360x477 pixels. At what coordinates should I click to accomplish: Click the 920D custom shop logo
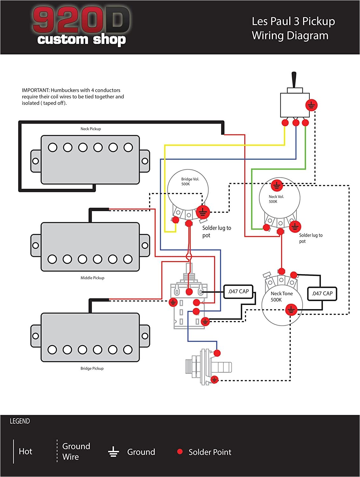81,26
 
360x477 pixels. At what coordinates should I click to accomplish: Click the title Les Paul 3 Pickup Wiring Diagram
293,28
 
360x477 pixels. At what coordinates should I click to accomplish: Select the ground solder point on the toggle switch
311,105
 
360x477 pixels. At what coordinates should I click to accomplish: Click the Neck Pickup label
91,129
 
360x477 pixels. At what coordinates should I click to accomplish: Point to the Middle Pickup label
92,278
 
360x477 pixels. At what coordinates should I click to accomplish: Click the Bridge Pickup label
92,369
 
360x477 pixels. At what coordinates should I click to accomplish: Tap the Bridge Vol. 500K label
190,182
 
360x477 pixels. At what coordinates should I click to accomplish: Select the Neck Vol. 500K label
276,199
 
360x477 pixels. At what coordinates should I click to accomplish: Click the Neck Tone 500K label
281,296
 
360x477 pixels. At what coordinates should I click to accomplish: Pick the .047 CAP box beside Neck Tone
322,294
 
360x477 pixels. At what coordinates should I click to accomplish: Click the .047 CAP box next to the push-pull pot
238,292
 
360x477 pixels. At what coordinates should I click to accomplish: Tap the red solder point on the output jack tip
217,353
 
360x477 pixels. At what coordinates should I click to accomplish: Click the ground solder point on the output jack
214,380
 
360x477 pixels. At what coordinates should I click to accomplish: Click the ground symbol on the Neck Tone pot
291,309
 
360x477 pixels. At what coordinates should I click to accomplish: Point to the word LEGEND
20,421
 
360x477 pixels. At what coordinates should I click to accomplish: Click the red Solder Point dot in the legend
180,452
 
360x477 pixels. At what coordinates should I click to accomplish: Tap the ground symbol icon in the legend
113,452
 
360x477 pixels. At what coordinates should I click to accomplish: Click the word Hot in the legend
25,452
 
